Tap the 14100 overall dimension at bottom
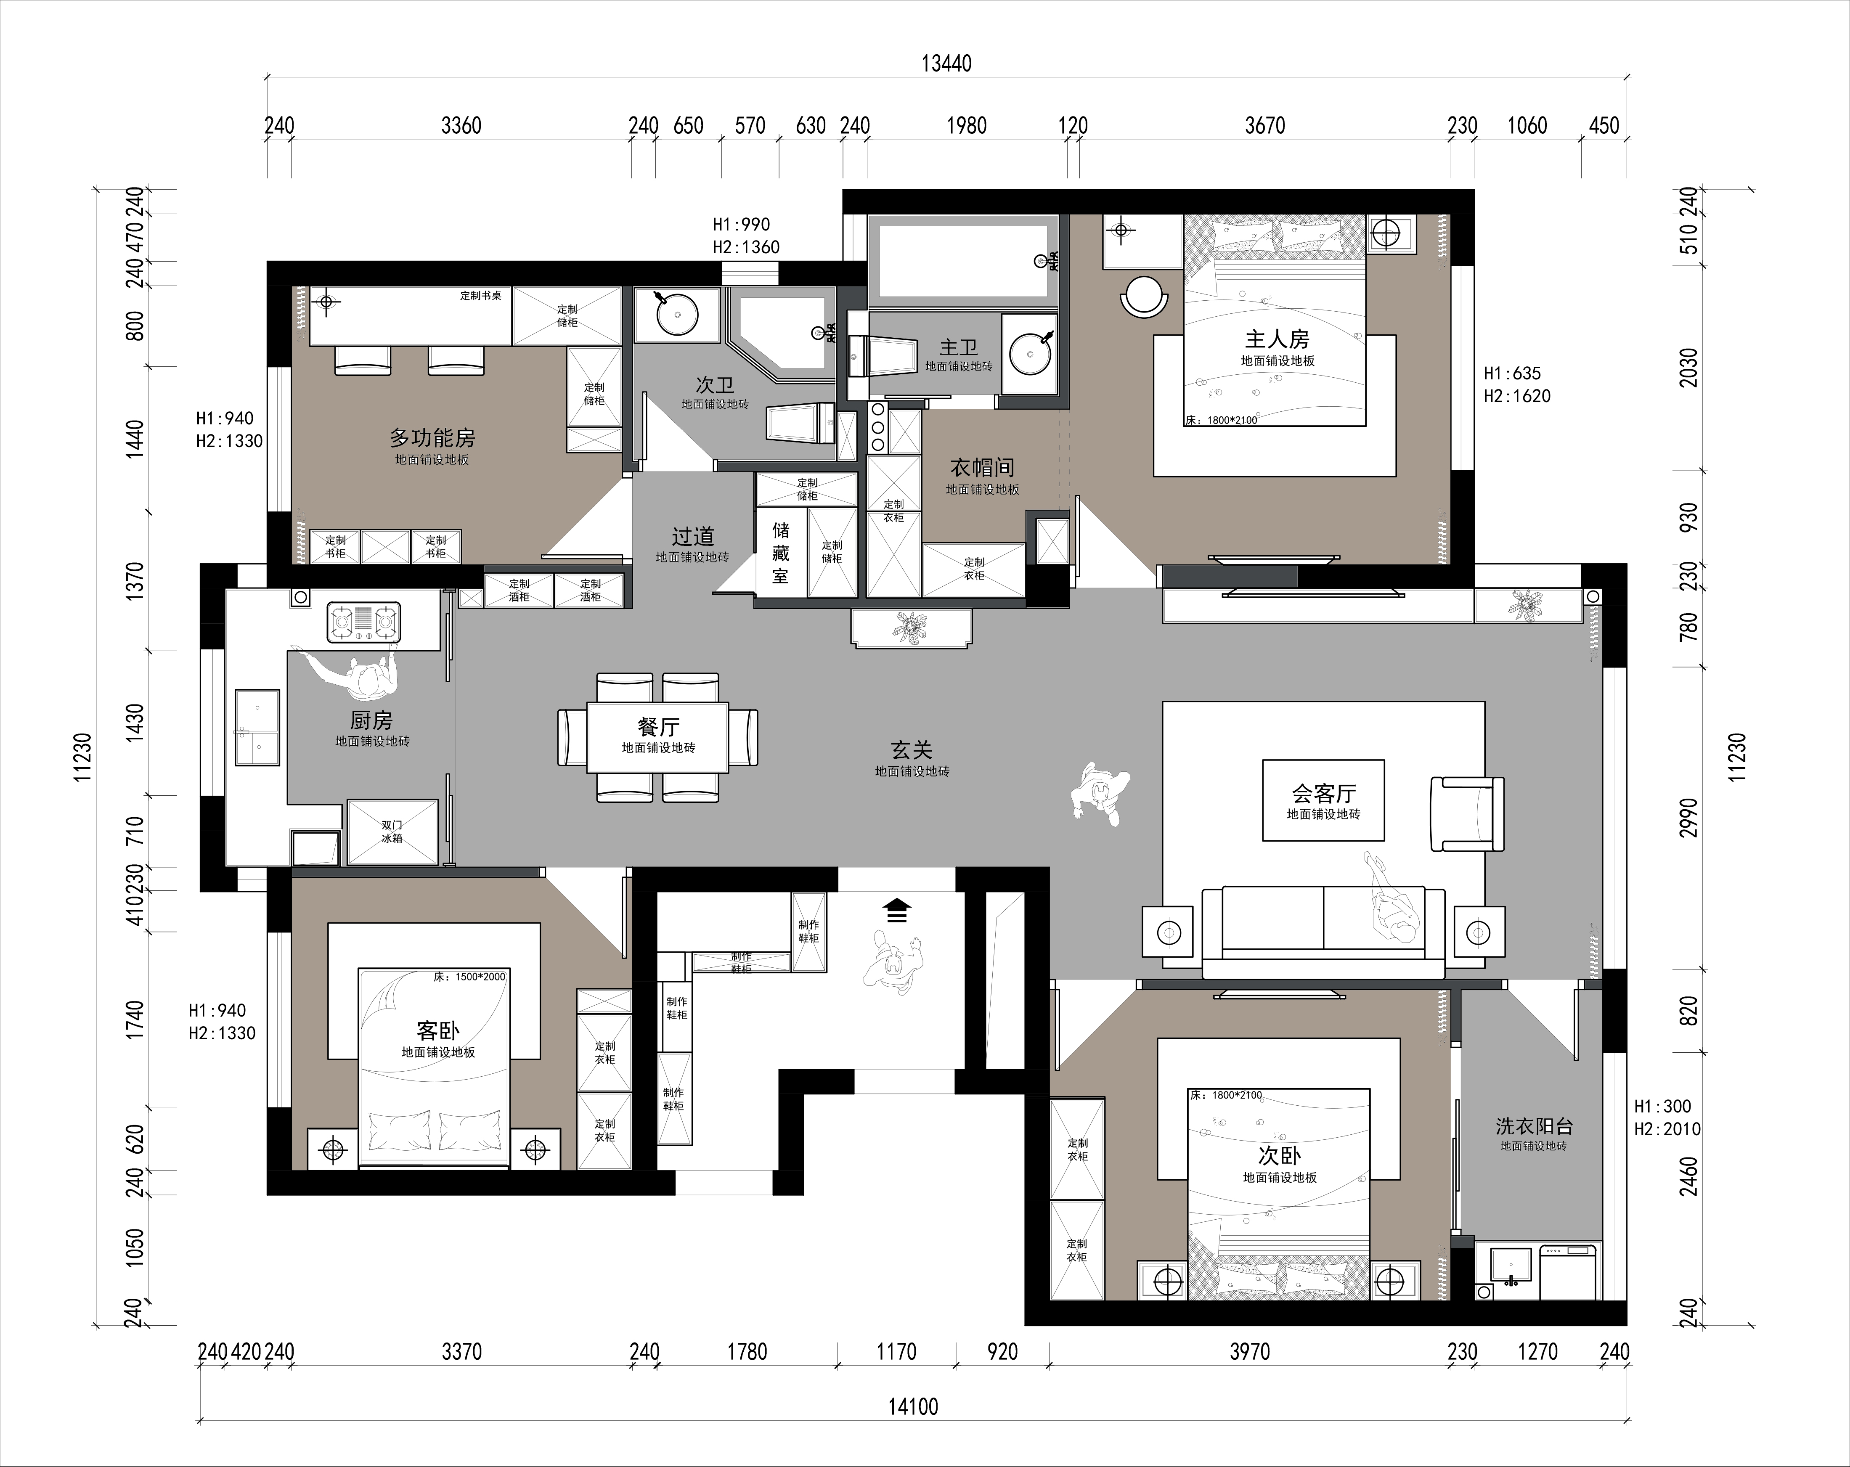[x=913, y=1406]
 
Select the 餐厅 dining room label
[x=658, y=727]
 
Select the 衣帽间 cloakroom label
[x=983, y=468]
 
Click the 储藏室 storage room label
[x=780, y=553]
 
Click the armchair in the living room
[x=1467, y=814]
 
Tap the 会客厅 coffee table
[x=1323, y=800]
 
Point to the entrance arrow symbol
[x=897, y=910]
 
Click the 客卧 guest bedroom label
[x=437, y=1030]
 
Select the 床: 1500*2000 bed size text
[x=469, y=976]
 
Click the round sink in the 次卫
[x=677, y=315]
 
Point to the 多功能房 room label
[x=432, y=438]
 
